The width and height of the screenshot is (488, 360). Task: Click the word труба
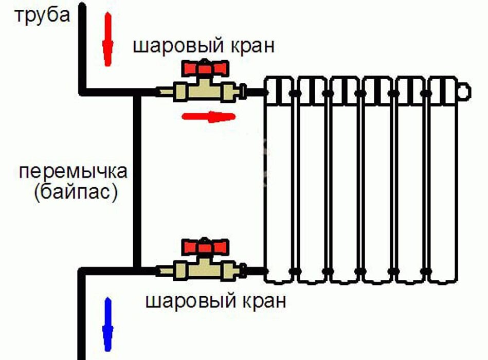42,16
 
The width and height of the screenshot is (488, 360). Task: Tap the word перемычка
74,172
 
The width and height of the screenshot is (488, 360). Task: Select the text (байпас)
76,193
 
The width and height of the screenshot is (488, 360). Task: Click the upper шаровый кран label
204,47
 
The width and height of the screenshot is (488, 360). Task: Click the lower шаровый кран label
215,301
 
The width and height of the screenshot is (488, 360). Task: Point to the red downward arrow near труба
107,39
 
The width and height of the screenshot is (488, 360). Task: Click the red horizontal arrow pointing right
209,117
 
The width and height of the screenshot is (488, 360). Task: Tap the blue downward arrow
107,324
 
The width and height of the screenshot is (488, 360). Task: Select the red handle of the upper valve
205,68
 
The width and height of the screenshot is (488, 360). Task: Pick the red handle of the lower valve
205,246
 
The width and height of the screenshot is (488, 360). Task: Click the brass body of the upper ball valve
204,91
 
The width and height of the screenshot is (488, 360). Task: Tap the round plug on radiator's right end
464,92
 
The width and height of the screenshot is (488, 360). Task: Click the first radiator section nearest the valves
279,180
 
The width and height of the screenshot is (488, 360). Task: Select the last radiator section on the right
443,180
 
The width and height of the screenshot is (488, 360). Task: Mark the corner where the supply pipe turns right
82,92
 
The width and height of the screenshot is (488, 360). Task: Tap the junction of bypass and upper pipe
137,92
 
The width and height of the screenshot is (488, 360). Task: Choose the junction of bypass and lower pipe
137,271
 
